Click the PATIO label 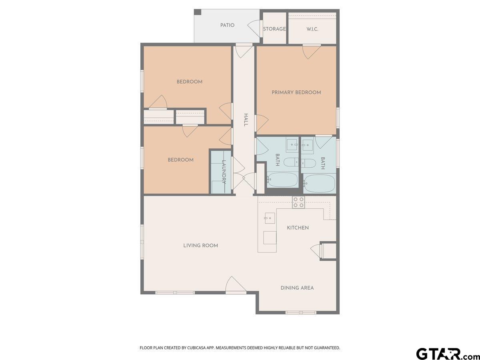coord(227,25)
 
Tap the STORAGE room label coord(274,29)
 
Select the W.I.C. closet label coord(312,29)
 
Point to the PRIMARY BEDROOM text coord(296,92)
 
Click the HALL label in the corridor coord(246,120)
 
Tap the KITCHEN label coord(298,228)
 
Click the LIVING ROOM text coord(200,246)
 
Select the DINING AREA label coord(297,288)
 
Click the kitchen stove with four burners coord(298,202)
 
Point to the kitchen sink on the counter coord(270,218)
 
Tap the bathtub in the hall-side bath coord(282,180)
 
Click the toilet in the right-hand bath coord(308,163)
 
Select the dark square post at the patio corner coord(198,12)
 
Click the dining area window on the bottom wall coord(301,312)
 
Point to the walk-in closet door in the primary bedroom coord(311,52)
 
